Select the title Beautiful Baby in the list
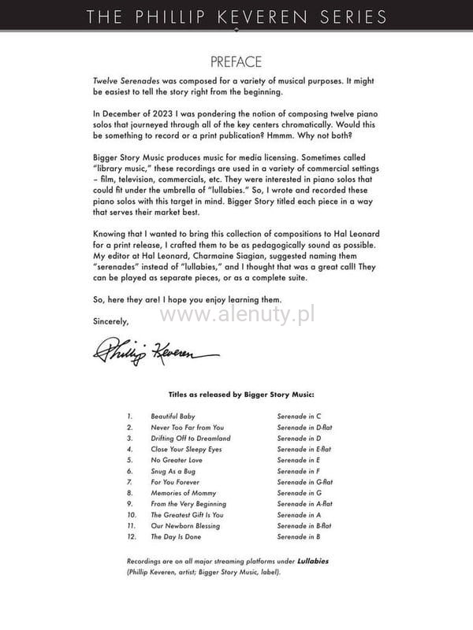[173, 416]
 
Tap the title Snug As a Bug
[173, 471]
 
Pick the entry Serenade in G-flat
[304, 482]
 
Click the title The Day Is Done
[176, 537]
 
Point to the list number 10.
[130, 515]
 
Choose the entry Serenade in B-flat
[304, 526]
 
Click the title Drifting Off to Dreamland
[191, 438]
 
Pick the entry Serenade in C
[300, 416]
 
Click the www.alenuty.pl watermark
[236, 316]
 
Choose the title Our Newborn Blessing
[185, 526]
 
